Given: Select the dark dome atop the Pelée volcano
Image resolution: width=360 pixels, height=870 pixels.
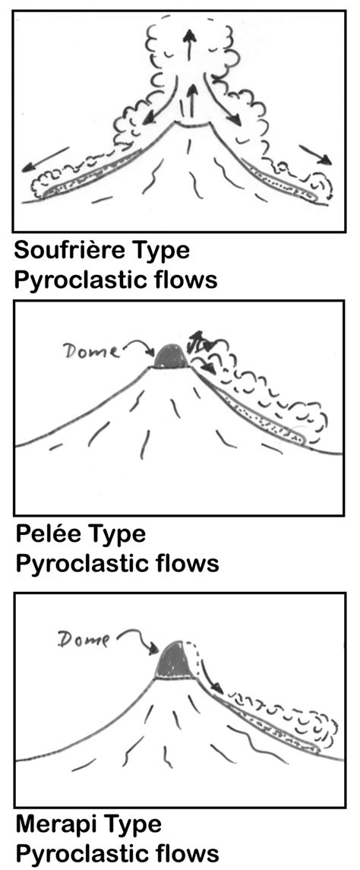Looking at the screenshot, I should click(170, 356).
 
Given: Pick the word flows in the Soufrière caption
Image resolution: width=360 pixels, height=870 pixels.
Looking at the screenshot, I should click(183, 279).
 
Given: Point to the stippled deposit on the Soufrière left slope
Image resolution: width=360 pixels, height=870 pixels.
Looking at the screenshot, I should click(91, 176).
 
